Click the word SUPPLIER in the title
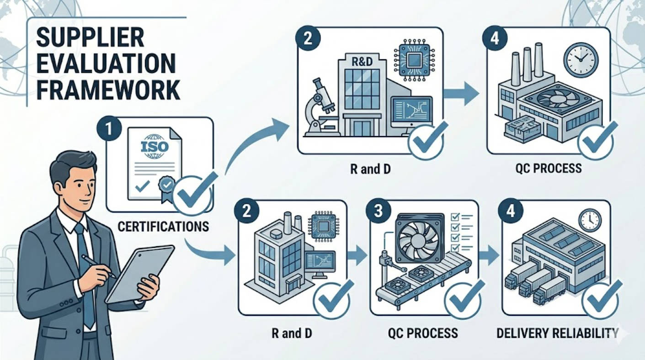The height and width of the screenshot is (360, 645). click(x=90, y=38)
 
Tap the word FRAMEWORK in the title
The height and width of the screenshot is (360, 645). click(x=108, y=90)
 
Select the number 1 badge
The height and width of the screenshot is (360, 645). click(x=109, y=129)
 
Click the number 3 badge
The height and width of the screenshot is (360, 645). click(x=378, y=211)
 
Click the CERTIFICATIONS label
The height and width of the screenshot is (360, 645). click(x=163, y=227)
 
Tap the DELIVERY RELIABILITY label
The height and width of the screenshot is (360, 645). click(x=558, y=333)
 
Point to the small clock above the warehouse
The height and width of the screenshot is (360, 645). click(x=590, y=220)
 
